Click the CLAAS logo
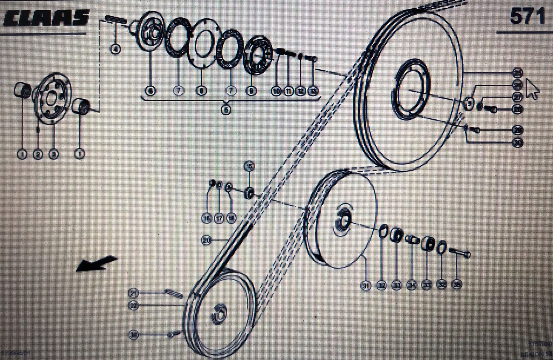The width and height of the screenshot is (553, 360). (46, 18)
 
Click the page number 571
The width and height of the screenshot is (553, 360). (527, 17)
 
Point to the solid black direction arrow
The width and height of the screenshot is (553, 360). (95, 263)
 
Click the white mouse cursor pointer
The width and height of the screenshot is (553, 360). (532, 89)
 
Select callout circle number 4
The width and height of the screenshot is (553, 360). (115, 49)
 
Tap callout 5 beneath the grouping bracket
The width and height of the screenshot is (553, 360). (226, 110)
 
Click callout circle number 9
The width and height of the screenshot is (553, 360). (252, 91)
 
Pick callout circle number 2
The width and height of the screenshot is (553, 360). (38, 154)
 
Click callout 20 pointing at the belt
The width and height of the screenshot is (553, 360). (207, 241)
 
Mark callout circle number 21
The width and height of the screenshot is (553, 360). (134, 293)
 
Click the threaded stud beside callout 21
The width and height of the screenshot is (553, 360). (174, 293)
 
